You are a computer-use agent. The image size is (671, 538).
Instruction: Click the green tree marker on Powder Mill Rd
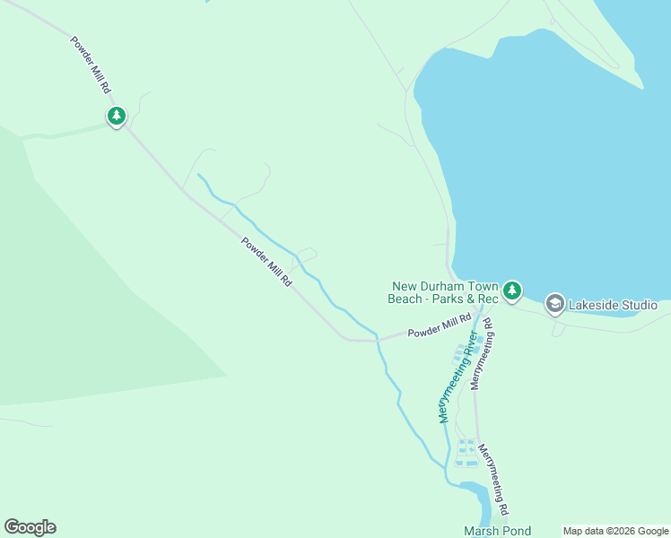click(x=116, y=116)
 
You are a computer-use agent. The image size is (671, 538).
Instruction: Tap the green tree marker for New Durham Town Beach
click(x=511, y=290)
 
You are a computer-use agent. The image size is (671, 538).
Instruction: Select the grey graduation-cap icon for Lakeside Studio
click(x=554, y=304)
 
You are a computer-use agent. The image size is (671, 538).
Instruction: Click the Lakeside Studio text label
click(x=613, y=305)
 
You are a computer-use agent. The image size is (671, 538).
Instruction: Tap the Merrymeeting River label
click(x=456, y=377)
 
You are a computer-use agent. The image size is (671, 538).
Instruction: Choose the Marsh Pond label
click(x=497, y=531)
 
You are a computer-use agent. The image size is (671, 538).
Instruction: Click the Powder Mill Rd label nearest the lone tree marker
click(x=92, y=65)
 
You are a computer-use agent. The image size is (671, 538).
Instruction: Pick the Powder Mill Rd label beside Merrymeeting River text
click(x=440, y=326)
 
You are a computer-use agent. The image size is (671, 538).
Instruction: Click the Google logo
click(x=30, y=527)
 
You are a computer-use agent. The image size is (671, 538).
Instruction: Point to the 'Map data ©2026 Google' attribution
click(x=615, y=531)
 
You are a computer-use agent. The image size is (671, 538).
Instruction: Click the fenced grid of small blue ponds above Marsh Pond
click(x=466, y=453)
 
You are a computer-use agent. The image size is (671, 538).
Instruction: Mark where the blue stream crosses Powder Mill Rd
click(x=378, y=340)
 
